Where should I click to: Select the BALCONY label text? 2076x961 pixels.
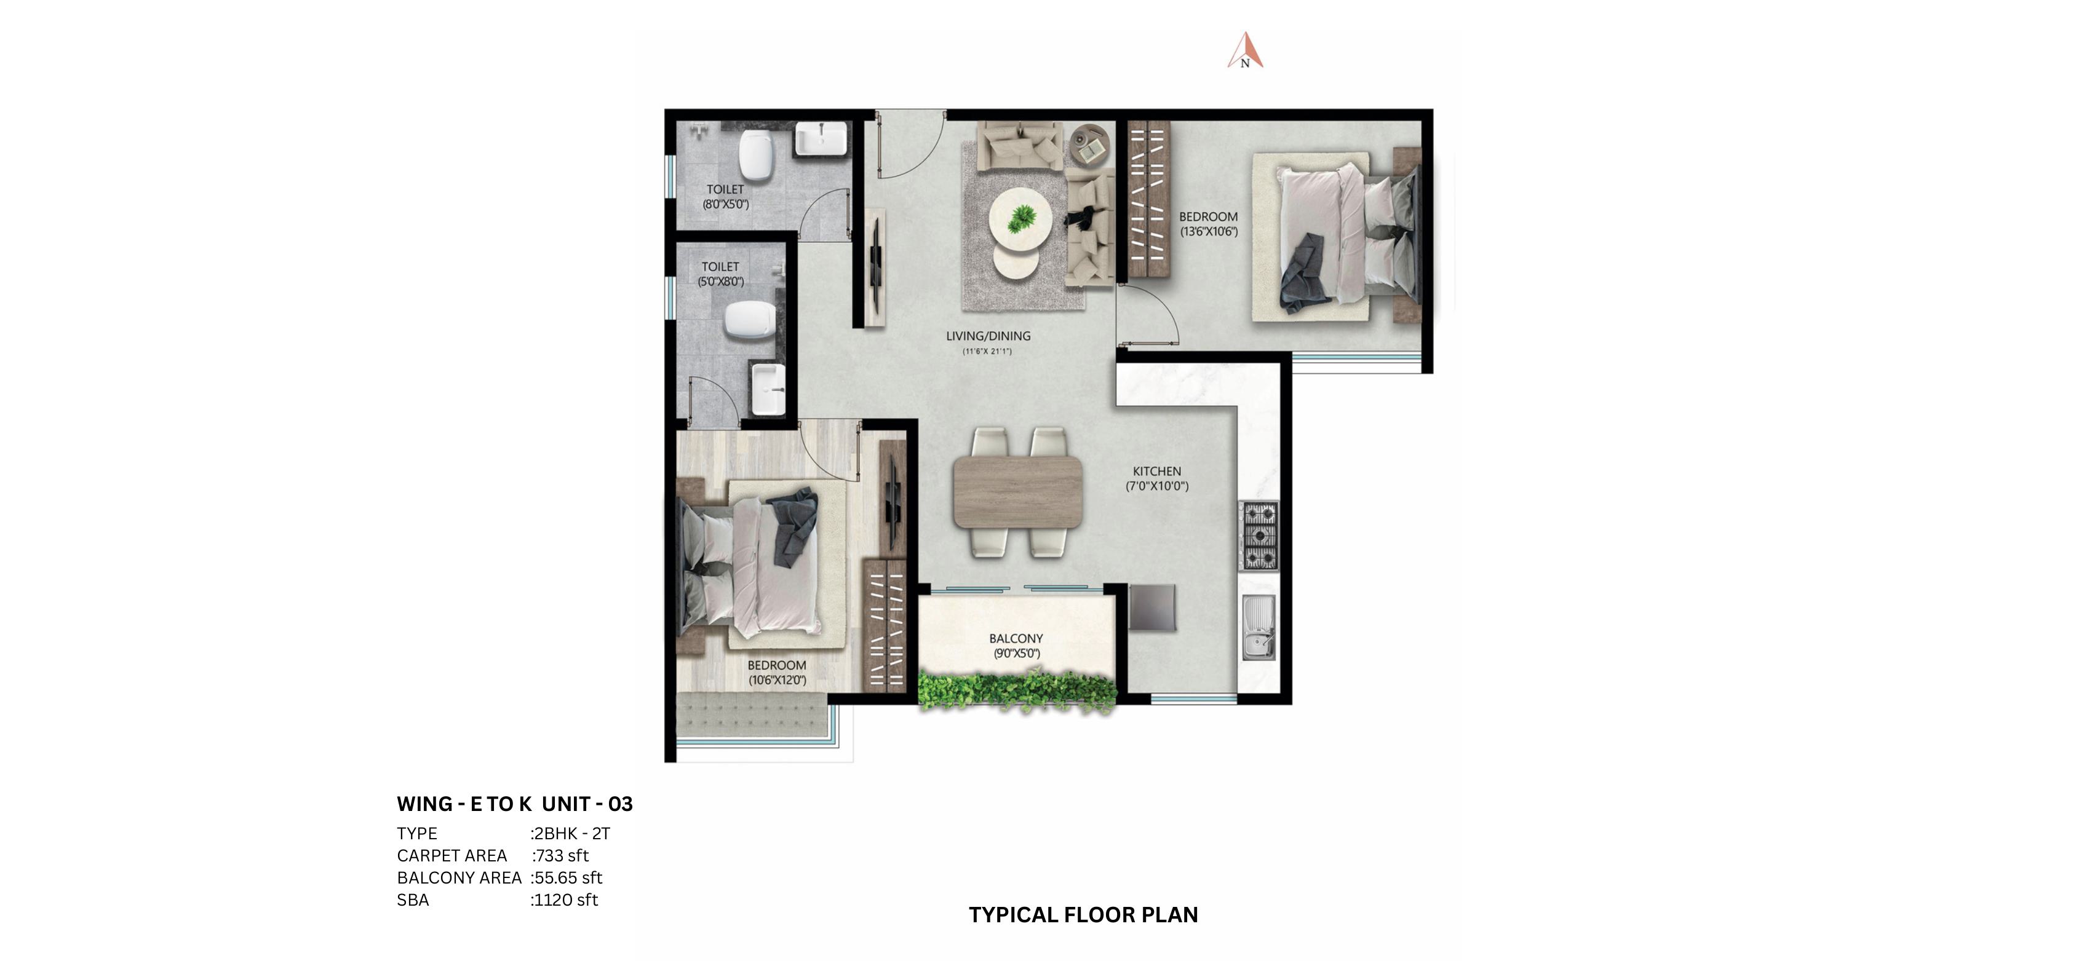point(1016,639)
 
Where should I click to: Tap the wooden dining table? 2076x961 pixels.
point(1017,492)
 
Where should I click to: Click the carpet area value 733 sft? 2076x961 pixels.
point(561,855)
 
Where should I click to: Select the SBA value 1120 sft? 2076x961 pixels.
point(566,900)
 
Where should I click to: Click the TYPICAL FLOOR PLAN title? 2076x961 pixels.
point(1083,914)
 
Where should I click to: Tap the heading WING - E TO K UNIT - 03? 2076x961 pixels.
point(514,804)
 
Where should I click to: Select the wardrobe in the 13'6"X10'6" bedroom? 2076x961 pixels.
point(1148,199)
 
